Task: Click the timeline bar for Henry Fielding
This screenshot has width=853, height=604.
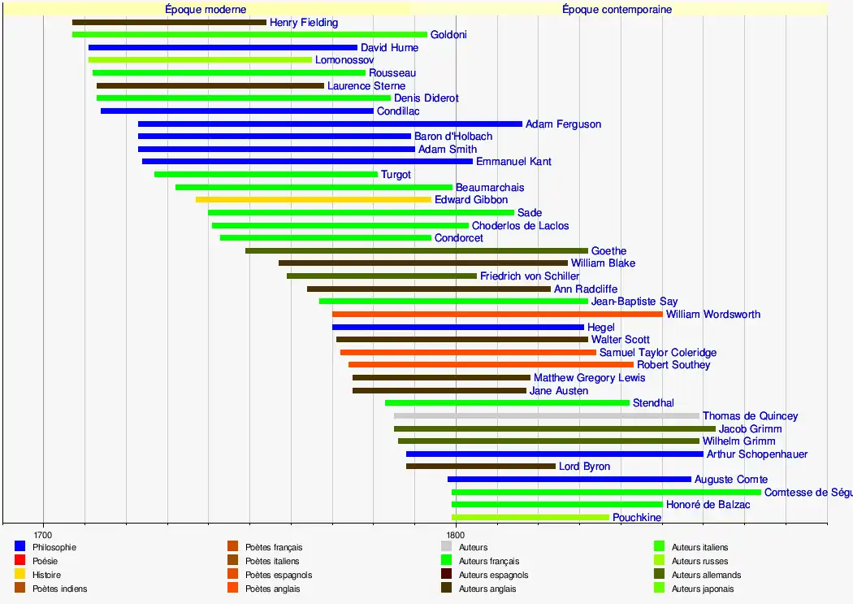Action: coord(169,22)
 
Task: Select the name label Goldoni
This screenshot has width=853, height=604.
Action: coord(448,35)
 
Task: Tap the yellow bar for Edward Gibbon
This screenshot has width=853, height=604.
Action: coord(313,199)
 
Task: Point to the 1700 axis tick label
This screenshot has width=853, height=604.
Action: coord(43,534)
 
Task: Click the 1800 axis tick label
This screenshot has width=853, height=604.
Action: coord(456,534)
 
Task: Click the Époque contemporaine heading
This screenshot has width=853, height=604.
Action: coord(617,10)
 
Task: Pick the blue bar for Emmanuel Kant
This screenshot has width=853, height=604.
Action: coord(307,161)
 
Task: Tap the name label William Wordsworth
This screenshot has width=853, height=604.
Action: coord(713,315)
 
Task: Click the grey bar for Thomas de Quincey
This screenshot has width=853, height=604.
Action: coord(546,415)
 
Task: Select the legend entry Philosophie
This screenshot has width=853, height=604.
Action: coord(54,547)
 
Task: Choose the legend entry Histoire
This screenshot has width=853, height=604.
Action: coord(46,575)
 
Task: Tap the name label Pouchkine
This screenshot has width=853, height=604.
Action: coord(637,518)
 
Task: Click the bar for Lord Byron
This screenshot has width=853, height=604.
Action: coord(480,467)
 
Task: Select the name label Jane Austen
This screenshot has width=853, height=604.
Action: coord(559,391)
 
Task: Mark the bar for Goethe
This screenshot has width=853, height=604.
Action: coord(416,250)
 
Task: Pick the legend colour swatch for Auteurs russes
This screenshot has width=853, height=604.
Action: coord(660,561)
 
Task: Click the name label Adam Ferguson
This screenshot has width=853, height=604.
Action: coord(563,124)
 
